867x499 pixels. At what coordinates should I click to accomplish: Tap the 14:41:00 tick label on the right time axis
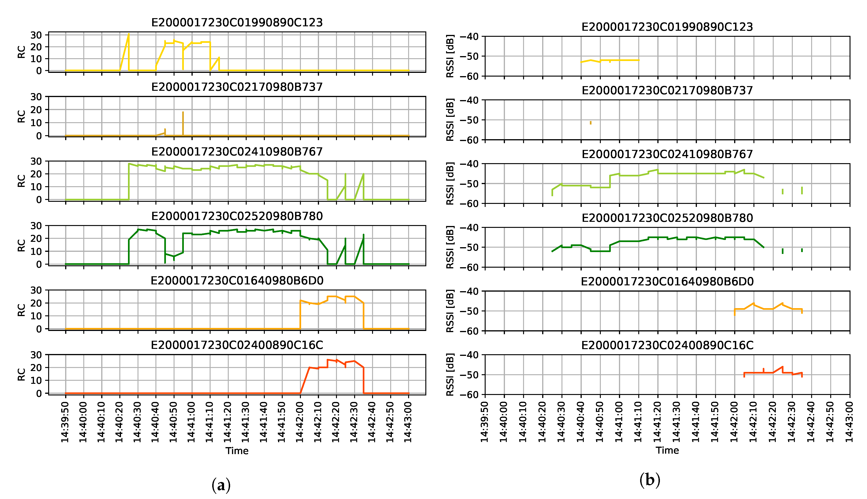coord(619,422)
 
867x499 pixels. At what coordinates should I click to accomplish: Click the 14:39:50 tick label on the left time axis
coord(65,422)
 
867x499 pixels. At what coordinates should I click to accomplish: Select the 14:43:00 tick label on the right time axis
coord(849,422)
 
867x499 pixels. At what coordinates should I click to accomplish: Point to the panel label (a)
coord(221,485)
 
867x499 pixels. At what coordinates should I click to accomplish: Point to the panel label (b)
coord(649,480)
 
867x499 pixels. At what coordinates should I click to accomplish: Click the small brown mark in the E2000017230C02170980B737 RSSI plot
coord(591,123)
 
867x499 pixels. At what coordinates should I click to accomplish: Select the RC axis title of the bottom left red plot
coord(21,374)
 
